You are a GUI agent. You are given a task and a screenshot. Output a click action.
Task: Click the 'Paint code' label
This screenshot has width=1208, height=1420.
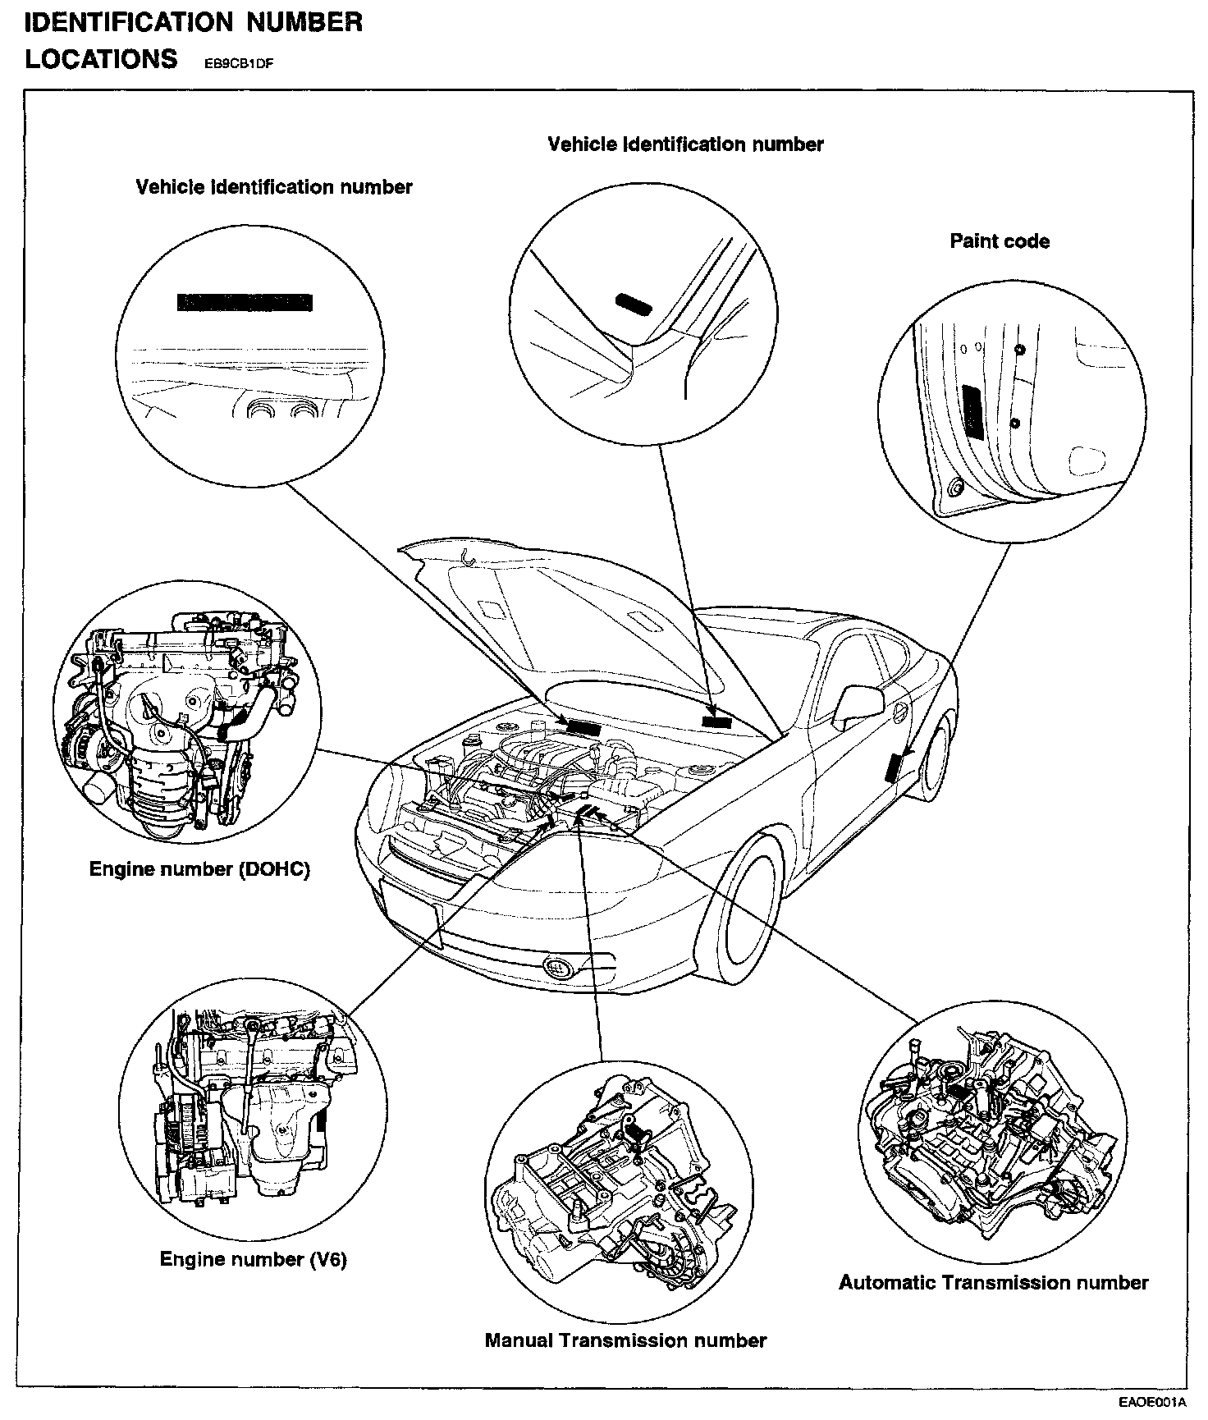(999, 241)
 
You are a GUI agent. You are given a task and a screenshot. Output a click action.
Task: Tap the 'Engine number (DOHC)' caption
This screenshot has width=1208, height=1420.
(199, 869)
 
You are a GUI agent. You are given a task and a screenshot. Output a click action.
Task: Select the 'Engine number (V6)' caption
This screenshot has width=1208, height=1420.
(253, 1259)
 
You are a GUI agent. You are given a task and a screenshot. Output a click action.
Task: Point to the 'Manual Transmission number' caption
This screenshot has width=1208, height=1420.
(625, 1340)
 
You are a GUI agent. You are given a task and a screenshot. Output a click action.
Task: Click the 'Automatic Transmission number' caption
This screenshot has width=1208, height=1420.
(993, 1282)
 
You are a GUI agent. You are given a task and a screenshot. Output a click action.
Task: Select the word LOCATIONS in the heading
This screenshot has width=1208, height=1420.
(101, 59)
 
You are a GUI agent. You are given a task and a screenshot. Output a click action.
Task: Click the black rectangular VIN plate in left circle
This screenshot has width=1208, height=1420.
(245, 302)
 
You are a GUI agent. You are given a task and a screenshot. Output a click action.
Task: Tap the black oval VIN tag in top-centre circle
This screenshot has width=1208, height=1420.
(634, 304)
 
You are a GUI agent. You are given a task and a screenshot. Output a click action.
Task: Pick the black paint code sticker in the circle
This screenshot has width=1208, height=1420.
(973, 410)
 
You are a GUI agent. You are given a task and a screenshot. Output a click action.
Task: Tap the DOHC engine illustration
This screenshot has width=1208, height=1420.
(187, 714)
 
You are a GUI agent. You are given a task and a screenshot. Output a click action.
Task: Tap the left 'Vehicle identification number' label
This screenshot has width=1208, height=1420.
(273, 187)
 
